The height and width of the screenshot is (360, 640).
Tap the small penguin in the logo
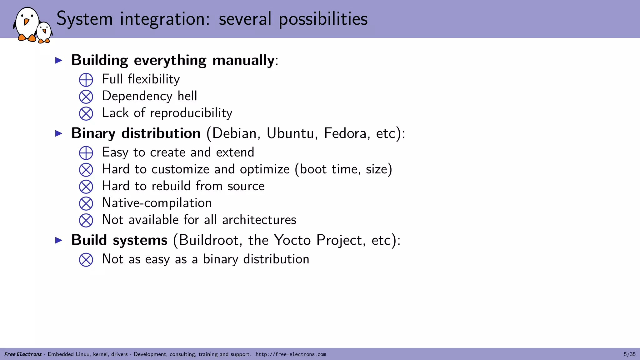pos(44,32)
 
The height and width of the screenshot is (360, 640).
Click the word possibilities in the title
pos(323,19)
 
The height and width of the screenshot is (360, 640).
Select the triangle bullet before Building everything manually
pos(59,60)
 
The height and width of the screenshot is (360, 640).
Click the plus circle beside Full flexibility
pos(86,80)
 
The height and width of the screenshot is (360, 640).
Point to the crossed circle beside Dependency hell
pos(86,97)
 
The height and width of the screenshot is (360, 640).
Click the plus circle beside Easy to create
pos(86,153)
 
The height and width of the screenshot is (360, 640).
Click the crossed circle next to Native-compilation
pos(86,203)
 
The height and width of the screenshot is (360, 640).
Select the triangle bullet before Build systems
pos(59,240)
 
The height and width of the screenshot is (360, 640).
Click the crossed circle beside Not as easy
pos(86,260)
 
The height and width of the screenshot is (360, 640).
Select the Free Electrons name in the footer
pos(23,354)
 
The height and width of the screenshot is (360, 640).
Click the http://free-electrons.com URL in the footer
pos(291,354)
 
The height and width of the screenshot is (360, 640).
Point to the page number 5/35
pos(629,354)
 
